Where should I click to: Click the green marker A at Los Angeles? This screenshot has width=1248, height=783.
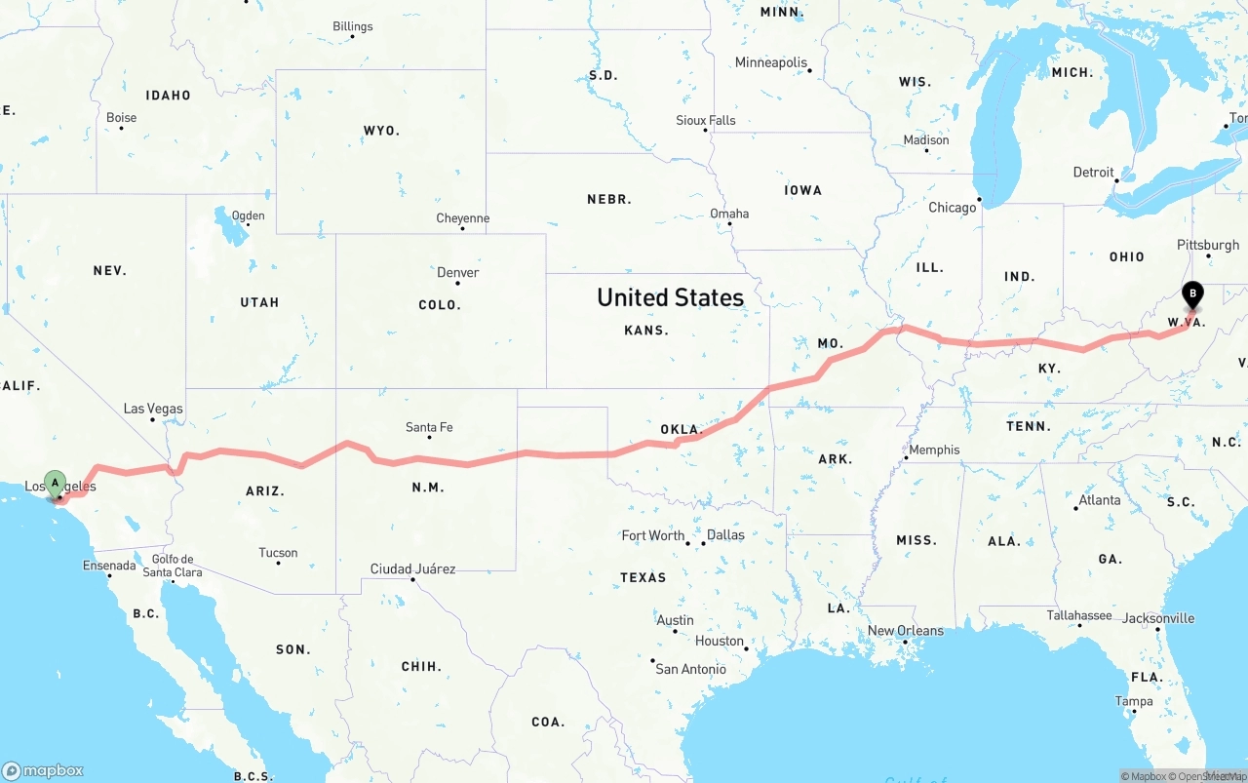click(x=56, y=483)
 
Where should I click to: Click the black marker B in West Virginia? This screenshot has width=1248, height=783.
click(x=1191, y=294)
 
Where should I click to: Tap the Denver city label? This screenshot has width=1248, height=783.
click(x=458, y=272)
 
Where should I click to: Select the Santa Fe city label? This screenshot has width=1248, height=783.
click(x=429, y=427)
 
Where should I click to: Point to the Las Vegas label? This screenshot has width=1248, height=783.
click(x=153, y=409)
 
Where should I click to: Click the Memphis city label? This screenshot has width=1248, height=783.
click(x=934, y=450)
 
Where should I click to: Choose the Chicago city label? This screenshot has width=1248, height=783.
click(x=953, y=207)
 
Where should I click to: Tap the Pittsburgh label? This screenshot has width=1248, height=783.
click(x=1208, y=245)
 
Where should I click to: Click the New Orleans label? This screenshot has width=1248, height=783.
click(x=906, y=630)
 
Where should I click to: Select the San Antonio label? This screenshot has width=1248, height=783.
click(x=690, y=669)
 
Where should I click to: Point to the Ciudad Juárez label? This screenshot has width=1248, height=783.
click(x=412, y=568)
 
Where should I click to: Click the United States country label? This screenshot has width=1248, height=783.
click(x=670, y=296)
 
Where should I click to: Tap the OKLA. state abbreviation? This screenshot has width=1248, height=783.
click(x=681, y=429)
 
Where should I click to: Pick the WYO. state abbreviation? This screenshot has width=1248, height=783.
click(x=381, y=131)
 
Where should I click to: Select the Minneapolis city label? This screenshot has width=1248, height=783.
click(x=771, y=62)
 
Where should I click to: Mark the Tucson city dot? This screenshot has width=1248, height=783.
click(x=279, y=564)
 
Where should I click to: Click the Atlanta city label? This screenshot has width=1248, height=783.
click(x=1099, y=500)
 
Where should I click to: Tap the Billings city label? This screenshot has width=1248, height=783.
click(x=352, y=26)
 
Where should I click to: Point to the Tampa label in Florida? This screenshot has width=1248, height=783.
click(x=1134, y=701)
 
